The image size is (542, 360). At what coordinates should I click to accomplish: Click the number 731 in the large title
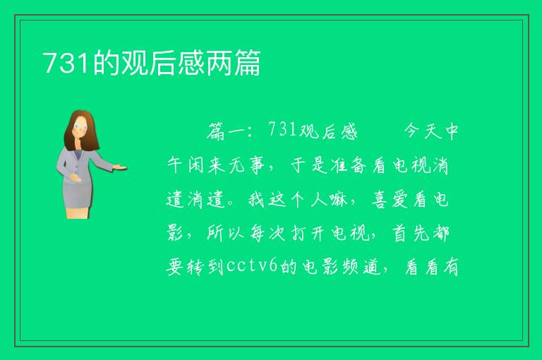(x=66, y=63)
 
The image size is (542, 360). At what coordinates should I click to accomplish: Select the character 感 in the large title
(x=192, y=63)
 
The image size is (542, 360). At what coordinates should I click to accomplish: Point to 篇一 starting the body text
(x=227, y=131)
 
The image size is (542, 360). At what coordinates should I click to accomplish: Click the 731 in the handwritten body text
(x=282, y=130)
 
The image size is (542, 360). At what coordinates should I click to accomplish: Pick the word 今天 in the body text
(x=423, y=131)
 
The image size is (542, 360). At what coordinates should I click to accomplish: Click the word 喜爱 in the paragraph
(x=390, y=200)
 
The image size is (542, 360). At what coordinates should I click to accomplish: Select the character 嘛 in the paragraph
(x=338, y=200)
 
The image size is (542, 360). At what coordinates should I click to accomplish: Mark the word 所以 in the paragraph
(x=226, y=233)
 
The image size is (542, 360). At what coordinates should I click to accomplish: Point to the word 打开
(x=307, y=233)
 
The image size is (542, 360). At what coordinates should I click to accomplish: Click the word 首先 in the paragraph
(x=411, y=233)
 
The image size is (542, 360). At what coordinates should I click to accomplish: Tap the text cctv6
(x=252, y=266)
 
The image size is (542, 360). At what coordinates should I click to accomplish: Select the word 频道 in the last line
(x=361, y=267)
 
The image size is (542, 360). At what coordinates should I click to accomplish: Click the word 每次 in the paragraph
(x=267, y=233)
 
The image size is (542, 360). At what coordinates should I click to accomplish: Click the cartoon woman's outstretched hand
(x=120, y=168)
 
